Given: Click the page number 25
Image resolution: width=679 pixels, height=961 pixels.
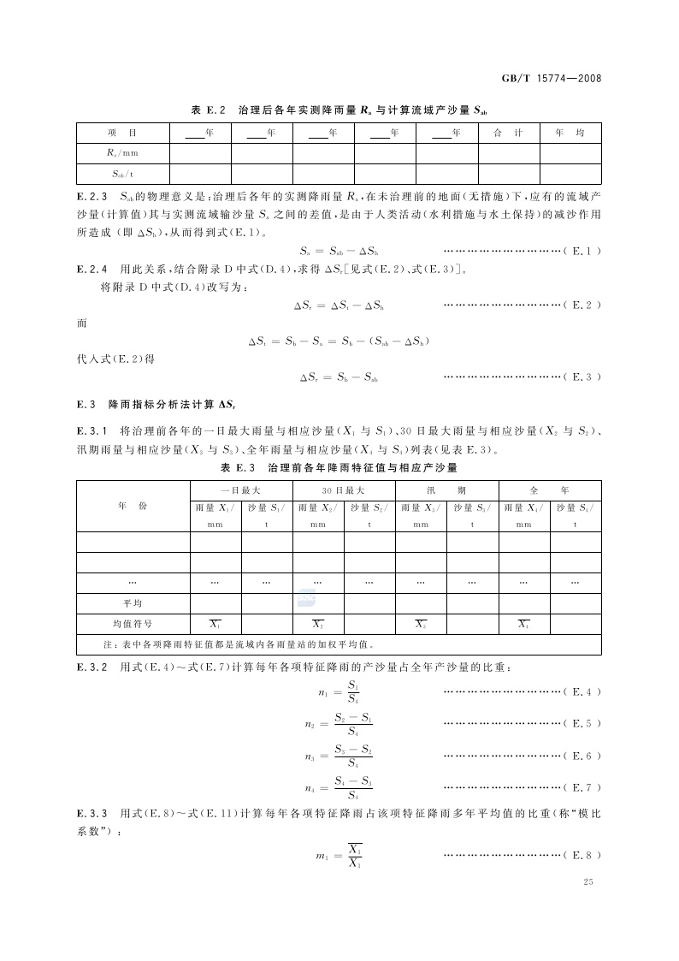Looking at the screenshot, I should click(x=587, y=882).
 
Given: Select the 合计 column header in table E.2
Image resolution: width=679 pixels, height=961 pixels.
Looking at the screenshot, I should click(x=508, y=133).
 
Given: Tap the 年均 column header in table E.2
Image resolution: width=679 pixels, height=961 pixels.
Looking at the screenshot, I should click(x=570, y=133).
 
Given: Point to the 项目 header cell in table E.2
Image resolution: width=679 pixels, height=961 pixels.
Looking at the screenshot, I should click(x=123, y=133).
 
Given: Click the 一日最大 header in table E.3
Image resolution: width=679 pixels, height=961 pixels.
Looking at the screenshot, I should click(x=240, y=490).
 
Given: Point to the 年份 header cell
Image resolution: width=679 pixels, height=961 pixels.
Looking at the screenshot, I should click(x=133, y=506).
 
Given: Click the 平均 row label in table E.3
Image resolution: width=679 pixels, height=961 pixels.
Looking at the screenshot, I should click(x=133, y=603).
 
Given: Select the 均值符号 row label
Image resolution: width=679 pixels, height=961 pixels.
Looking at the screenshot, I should click(x=133, y=624).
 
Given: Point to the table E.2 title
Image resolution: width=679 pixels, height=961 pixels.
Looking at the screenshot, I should click(x=339, y=110).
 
